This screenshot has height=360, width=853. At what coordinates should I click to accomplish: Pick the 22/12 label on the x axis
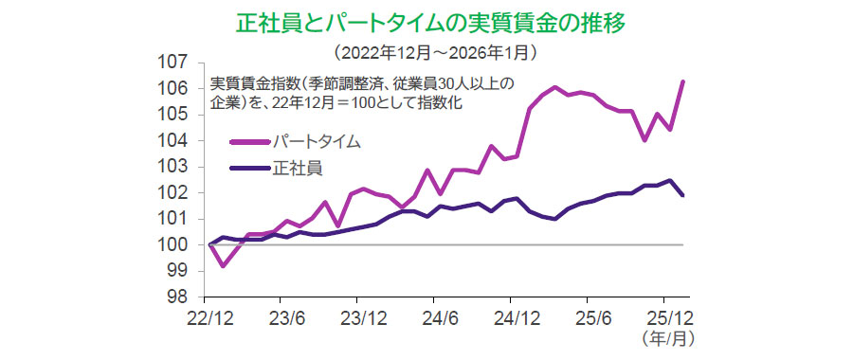(209, 316)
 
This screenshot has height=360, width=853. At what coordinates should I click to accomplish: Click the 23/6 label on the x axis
(287, 316)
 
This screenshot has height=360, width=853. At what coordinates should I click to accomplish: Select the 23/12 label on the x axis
(366, 316)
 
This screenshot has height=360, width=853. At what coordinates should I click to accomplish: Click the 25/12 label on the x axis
(671, 316)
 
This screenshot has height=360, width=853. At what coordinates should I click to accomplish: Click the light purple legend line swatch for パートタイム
(249, 143)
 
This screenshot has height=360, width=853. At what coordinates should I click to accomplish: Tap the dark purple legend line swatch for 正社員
(249, 170)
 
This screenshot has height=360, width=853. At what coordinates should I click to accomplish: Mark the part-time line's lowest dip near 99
(223, 265)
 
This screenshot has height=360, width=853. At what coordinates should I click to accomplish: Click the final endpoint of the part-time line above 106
(683, 81)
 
